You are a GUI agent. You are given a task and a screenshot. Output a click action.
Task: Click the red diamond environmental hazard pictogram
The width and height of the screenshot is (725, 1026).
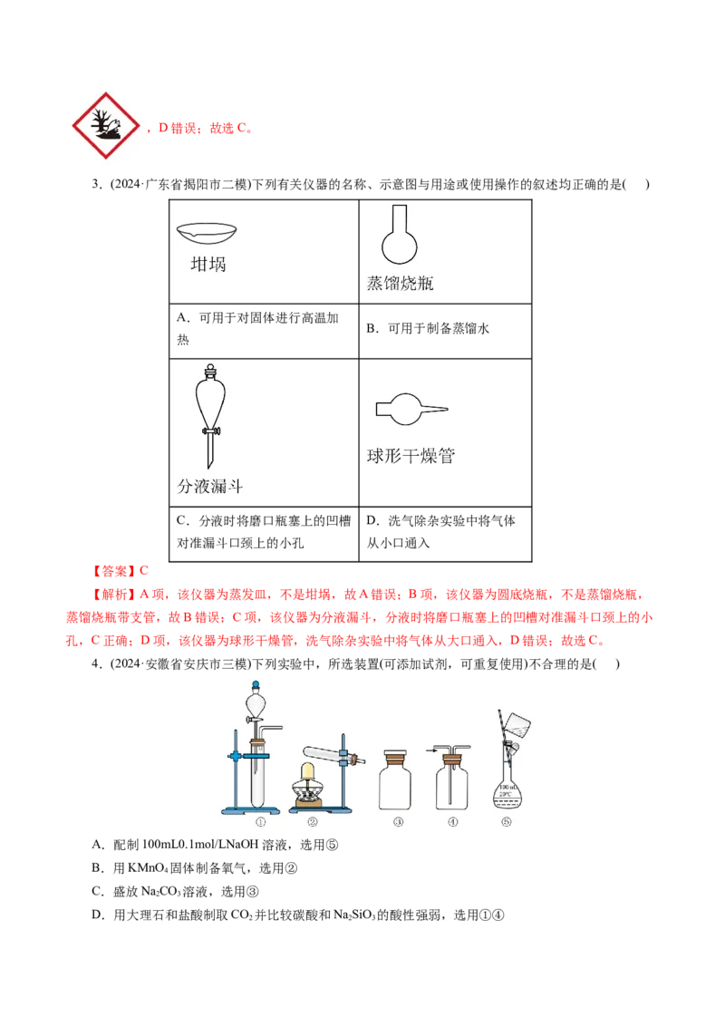point(105,123)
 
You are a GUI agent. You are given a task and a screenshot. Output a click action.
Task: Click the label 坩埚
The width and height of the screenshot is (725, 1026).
point(208,265)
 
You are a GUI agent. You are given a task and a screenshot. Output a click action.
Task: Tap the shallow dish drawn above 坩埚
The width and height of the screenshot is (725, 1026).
point(207,233)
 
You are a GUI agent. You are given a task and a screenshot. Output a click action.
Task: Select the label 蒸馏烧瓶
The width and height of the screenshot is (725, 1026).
point(399,285)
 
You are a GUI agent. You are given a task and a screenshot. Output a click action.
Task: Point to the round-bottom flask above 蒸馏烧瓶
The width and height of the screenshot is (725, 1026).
point(399,242)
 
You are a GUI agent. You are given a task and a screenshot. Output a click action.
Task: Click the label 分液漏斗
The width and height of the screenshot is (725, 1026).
point(210,487)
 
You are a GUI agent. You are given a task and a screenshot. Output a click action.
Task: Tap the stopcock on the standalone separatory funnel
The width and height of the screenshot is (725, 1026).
point(210,431)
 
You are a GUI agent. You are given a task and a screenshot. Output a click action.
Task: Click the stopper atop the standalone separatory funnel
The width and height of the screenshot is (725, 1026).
point(210,370)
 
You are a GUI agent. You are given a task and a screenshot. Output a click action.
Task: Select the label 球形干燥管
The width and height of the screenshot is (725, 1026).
point(411,457)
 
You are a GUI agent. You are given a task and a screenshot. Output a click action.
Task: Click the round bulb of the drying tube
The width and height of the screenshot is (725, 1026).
point(404,410)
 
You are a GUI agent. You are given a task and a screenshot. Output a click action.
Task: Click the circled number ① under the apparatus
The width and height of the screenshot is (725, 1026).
point(260,822)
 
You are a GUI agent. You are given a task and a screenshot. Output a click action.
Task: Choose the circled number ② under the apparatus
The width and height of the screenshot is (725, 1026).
point(313,822)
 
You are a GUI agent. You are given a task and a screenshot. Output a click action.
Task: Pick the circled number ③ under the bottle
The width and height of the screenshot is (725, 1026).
point(398,822)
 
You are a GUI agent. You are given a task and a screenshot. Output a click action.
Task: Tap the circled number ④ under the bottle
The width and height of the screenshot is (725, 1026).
point(452,822)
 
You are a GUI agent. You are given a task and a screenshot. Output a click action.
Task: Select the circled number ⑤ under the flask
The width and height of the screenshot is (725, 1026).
point(506,822)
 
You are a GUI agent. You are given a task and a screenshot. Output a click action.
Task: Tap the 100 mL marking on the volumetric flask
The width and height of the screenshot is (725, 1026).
point(507,788)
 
